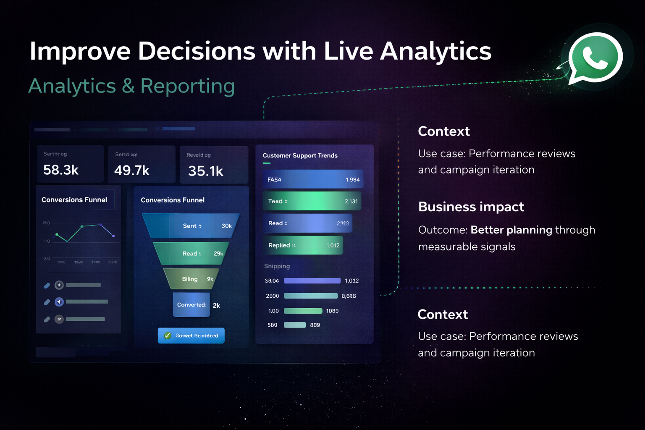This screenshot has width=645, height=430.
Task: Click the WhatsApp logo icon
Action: (x=595, y=58)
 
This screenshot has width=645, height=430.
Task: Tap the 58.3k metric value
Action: (x=61, y=170)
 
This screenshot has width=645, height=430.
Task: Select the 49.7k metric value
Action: (x=132, y=170)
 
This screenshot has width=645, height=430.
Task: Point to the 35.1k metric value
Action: (x=206, y=171)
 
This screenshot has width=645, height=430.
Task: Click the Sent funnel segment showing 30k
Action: (x=191, y=226)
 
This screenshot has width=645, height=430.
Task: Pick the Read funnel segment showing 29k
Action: (x=191, y=254)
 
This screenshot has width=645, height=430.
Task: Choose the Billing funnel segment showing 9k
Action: (x=191, y=279)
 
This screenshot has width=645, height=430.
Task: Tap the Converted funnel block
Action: (x=191, y=305)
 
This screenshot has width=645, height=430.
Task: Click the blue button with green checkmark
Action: (x=191, y=336)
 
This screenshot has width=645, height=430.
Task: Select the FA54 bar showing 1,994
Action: (x=313, y=179)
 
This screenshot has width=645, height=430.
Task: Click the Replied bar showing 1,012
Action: (x=303, y=245)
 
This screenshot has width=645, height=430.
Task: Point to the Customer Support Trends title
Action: (x=300, y=155)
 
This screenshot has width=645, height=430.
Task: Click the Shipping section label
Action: (x=277, y=266)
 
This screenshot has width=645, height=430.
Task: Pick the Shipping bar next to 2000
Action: (x=311, y=296)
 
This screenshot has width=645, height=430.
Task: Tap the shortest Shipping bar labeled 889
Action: (x=295, y=325)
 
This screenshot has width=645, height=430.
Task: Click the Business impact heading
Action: (x=471, y=207)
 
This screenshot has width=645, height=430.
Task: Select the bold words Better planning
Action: (x=511, y=230)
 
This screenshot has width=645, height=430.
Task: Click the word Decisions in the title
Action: (x=197, y=51)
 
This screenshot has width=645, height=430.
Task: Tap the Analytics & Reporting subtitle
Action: (x=131, y=86)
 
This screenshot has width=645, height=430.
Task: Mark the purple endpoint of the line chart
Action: (x=113, y=236)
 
